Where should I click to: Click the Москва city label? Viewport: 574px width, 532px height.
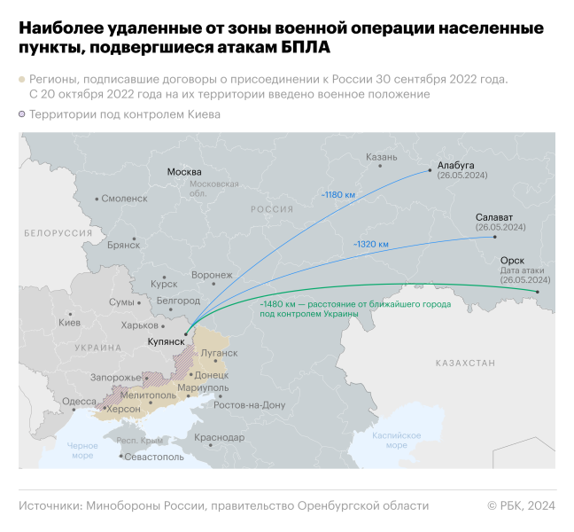(x=184, y=171)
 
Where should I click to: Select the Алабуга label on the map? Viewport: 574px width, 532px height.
(x=456, y=165)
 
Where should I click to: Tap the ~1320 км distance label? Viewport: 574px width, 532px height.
(x=371, y=243)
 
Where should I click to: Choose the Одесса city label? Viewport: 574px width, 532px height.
(x=79, y=401)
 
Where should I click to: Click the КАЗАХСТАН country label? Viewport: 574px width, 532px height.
(x=465, y=364)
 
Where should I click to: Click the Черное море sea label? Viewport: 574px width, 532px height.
(x=81, y=450)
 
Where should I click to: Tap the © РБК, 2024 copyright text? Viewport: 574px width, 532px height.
(x=521, y=505)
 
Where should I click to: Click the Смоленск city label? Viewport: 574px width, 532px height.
(x=124, y=199)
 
